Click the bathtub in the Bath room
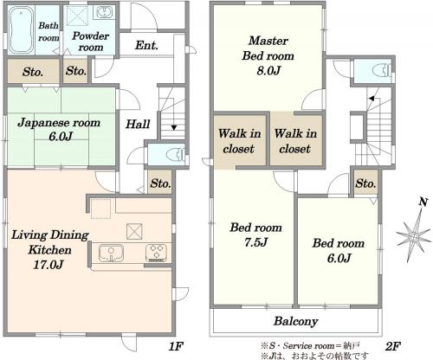click(x=21, y=30)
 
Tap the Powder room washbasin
click(x=104, y=12)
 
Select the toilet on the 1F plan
click(x=176, y=154)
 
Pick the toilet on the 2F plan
click(x=381, y=70)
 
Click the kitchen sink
click(x=111, y=253)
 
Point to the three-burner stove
click(x=157, y=253)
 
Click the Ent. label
click(x=146, y=45)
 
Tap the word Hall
click(x=138, y=124)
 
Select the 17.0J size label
click(x=48, y=265)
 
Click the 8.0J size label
click(x=268, y=70)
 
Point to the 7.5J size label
click(x=255, y=242)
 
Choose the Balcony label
click(x=296, y=321)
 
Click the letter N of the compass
click(x=423, y=202)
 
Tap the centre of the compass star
click(x=414, y=236)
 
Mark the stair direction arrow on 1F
click(x=174, y=127)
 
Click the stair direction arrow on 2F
click(x=372, y=99)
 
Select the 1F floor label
click(x=176, y=345)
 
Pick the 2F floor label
click(x=392, y=345)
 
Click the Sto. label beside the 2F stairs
click(x=365, y=183)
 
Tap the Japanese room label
click(x=59, y=123)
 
